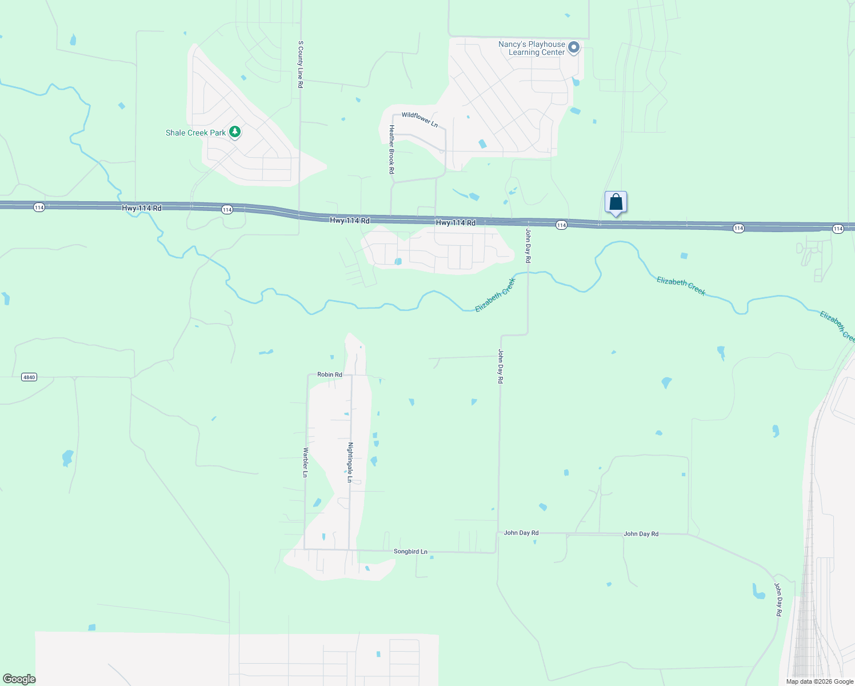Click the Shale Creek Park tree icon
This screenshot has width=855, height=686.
click(234, 132)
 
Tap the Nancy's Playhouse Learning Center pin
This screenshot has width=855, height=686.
click(574, 47)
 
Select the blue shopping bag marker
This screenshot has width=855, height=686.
click(616, 202)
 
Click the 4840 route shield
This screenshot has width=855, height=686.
click(29, 377)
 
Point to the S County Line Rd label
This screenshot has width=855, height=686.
click(300, 64)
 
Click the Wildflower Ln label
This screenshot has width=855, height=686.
click(419, 119)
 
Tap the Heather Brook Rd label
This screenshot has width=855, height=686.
click(391, 149)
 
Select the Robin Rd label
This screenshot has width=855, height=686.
click(330, 375)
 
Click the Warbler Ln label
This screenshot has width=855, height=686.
click(305, 462)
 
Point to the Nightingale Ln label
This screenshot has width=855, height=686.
click(350, 462)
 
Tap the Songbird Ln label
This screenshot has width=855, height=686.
click(410, 552)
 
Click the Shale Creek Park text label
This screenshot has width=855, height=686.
click(195, 133)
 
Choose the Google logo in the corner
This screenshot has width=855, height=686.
click(19, 679)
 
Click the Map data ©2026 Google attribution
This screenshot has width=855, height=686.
click(820, 681)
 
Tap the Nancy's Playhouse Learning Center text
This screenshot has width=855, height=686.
click(532, 48)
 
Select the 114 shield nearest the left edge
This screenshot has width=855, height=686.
click(39, 208)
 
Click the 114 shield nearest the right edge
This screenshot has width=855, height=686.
click(838, 229)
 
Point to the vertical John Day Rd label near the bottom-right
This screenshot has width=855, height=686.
click(778, 599)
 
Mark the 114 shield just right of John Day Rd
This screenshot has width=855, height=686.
click(561, 225)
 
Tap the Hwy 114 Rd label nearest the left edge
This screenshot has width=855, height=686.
click(142, 208)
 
